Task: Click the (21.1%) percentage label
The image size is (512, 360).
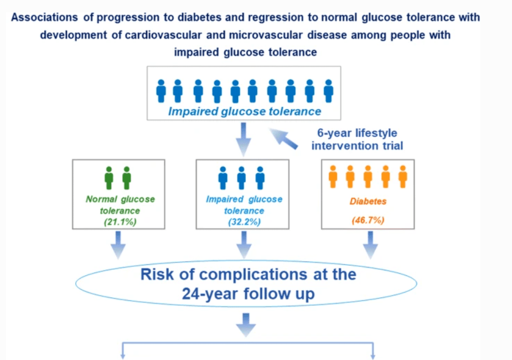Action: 120,222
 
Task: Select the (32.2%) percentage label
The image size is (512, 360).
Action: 244,222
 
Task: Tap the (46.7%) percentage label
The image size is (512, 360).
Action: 368,220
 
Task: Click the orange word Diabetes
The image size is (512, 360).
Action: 368,201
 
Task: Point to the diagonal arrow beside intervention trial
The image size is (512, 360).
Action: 283,138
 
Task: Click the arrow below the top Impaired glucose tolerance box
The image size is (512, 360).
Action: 243,139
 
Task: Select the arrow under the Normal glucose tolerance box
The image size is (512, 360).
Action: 118,245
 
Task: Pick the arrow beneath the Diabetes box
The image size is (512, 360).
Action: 370,245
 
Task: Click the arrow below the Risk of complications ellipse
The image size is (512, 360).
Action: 246,325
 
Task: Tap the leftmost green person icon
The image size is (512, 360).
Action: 109,178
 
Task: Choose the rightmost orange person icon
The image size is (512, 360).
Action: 403,177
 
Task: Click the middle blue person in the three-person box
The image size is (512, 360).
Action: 241,178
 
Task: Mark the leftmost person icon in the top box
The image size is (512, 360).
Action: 161,91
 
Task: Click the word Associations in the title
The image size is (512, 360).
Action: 45,17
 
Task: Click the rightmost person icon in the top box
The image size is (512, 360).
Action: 328,91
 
